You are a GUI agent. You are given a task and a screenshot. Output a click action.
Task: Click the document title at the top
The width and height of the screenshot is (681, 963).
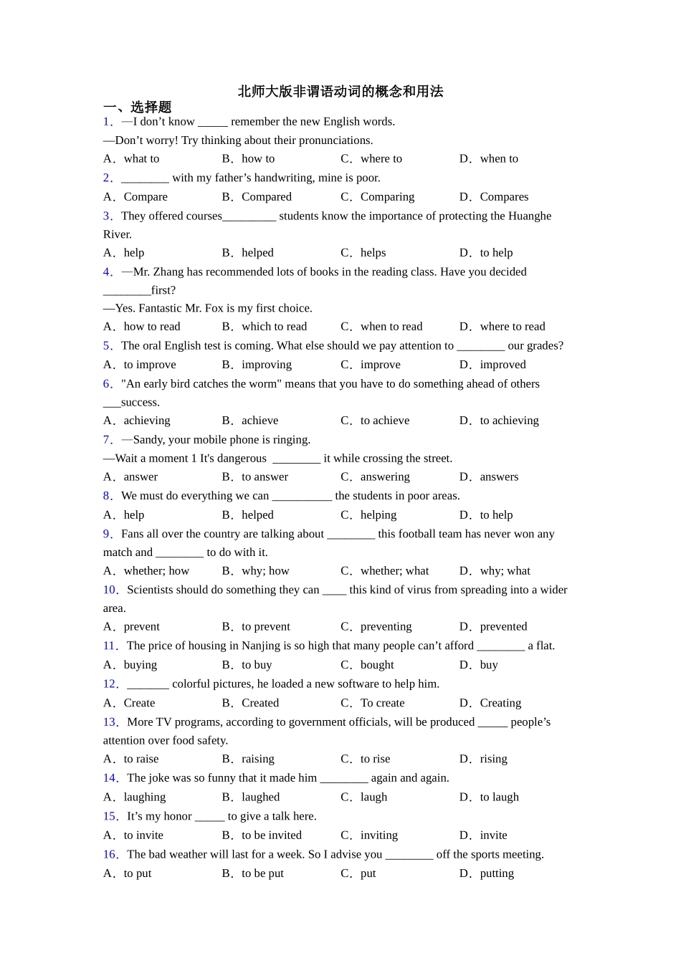coord(340,92)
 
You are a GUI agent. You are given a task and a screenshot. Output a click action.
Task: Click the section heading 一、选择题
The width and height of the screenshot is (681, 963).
coord(137,107)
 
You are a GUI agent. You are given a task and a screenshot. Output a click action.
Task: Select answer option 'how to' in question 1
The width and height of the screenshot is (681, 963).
coord(258,159)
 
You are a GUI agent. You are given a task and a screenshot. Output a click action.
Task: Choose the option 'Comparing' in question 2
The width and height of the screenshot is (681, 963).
coord(387,197)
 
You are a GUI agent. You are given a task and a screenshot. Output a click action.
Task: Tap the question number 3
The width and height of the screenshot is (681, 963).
coord(108,216)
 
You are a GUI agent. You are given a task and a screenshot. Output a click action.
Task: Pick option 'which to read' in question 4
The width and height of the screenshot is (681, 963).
coord(274,327)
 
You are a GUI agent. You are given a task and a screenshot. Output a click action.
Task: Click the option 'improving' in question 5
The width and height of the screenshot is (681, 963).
coord(267,365)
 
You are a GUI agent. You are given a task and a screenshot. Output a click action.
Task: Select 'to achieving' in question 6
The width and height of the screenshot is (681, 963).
coord(509,421)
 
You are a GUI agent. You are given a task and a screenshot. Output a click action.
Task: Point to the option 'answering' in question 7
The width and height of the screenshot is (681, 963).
coord(385,477)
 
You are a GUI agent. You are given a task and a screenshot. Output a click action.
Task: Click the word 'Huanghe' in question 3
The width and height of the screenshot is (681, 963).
coord(528,216)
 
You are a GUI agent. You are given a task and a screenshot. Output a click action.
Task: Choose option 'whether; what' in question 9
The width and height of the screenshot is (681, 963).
coord(394,571)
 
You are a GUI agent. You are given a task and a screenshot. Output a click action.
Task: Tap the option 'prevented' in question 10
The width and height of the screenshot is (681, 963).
coord(503,627)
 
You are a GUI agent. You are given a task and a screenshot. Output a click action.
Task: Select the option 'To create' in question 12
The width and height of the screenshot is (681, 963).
coord(382,703)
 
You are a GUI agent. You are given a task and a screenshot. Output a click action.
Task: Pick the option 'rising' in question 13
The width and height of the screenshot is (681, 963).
coord(493,759)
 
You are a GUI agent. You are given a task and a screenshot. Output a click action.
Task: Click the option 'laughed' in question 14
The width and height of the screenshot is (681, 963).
coord(260,797)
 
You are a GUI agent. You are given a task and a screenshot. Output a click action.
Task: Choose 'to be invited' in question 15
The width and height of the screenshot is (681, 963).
coord(272,835)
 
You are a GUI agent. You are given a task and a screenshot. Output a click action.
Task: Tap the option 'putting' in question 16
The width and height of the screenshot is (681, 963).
coord(497,873)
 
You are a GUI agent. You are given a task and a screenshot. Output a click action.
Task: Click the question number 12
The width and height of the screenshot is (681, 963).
coord(110,684)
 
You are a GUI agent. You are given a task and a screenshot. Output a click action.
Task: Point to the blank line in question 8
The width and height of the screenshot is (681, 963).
coord(302,497)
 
